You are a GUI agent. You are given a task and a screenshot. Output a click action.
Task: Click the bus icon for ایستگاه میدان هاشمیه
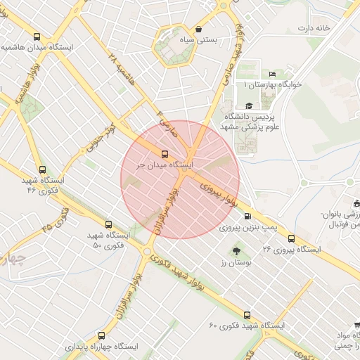tap(37, 37)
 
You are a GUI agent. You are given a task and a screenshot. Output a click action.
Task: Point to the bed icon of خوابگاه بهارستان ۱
tap(273, 75)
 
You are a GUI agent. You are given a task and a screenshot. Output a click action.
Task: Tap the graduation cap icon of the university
tap(248, 105)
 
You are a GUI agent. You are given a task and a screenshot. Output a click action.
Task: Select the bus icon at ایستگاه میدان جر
tap(165, 153)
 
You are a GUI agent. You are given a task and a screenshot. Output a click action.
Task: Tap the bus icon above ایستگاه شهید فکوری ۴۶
tap(42, 169)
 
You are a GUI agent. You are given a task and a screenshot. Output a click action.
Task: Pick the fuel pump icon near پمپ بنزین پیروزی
tap(247, 216)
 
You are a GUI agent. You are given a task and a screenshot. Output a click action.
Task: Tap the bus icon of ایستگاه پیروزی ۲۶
tap(291, 238)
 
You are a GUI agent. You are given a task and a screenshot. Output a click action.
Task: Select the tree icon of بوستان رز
tap(236, 250)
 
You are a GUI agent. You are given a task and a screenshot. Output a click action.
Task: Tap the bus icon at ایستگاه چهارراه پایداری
tap(101, 335)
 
